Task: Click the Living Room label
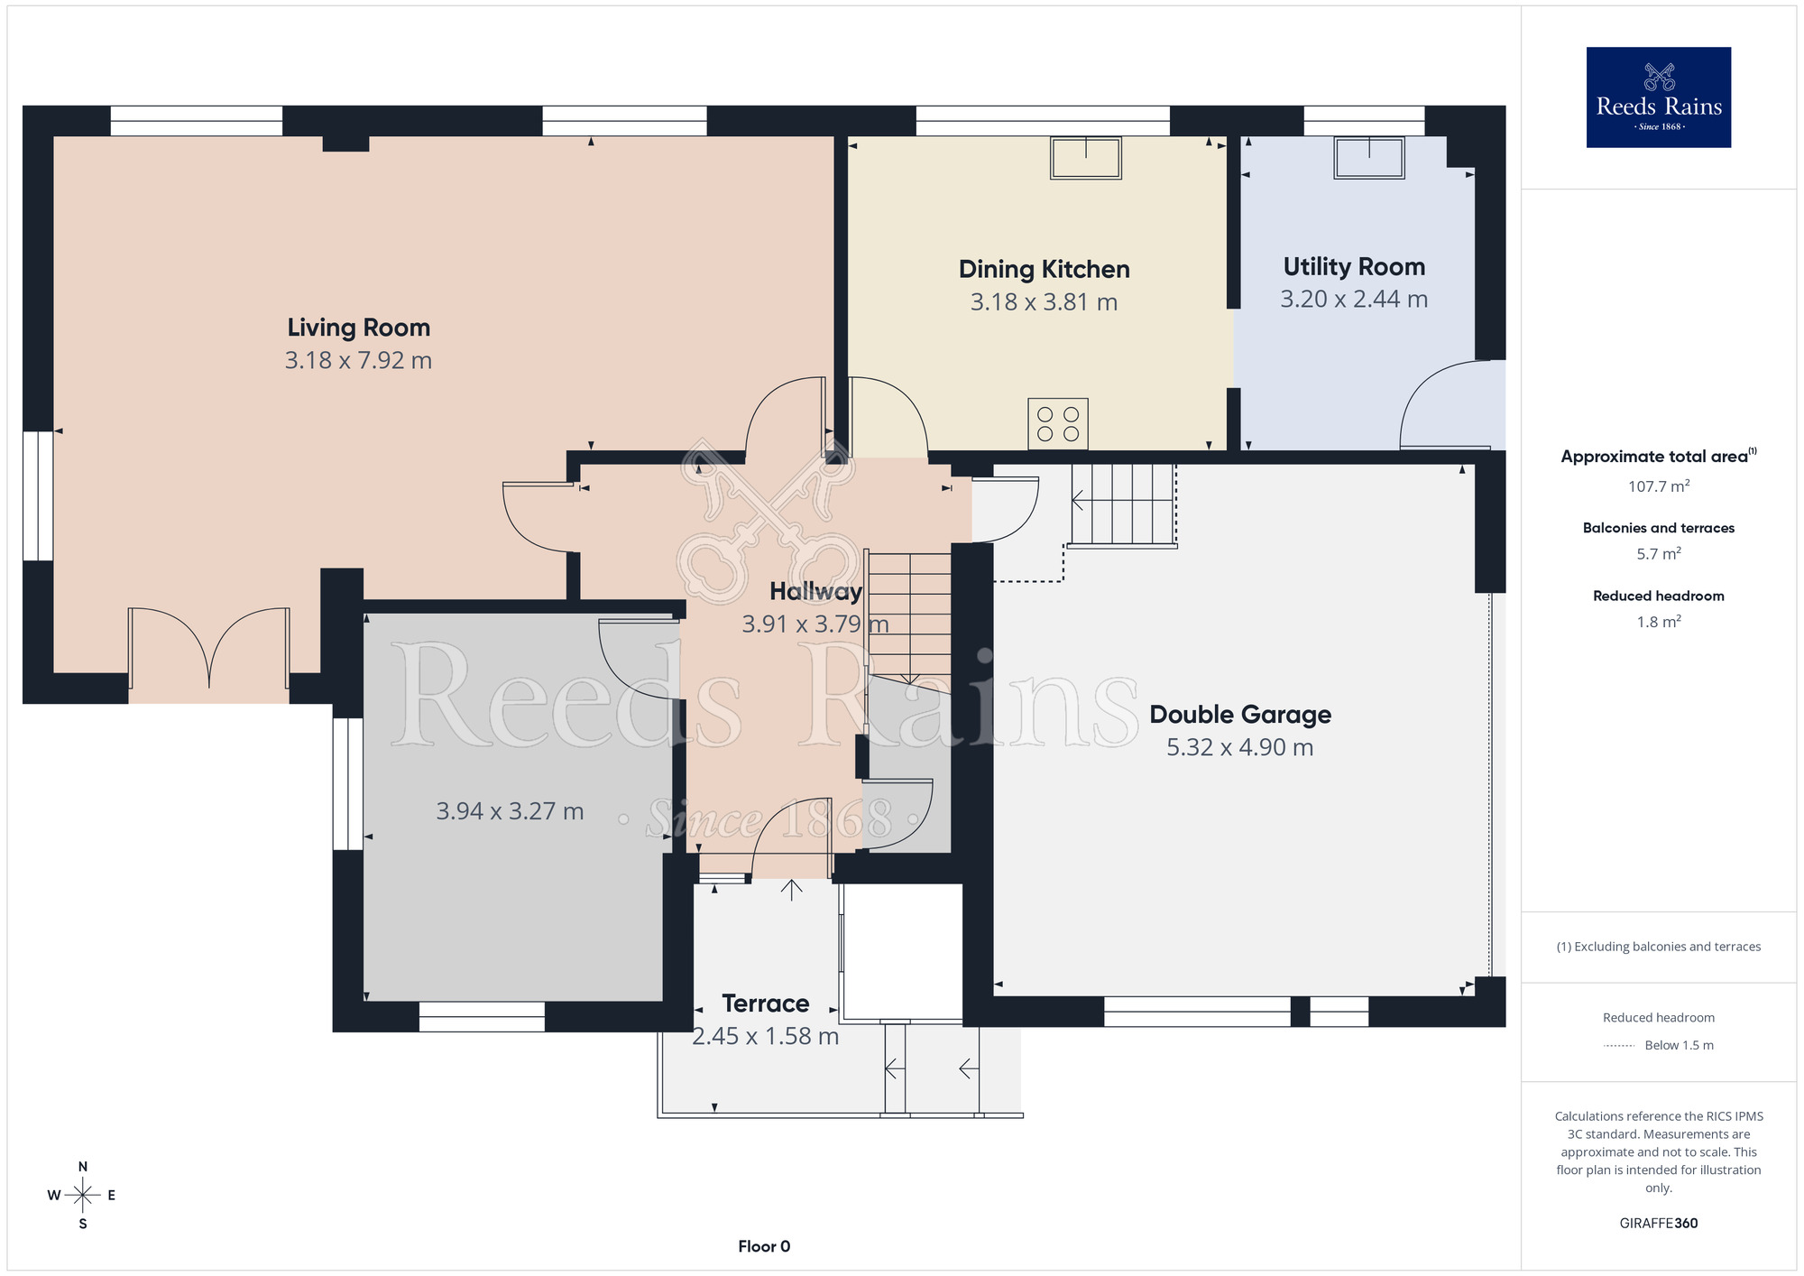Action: (358, 328)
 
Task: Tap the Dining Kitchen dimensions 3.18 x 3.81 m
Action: (1044, 302)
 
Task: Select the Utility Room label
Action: (1354, 267)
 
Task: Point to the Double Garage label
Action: (1240, 715)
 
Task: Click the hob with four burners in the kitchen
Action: (1058, 423)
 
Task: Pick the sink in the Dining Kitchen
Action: (1086, 158)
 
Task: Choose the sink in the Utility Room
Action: (1369, 157)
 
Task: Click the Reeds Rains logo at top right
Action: (1659, 97)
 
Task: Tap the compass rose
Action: (82, 1196)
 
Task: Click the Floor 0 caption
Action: (764, 1246)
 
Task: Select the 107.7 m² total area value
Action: (1659, 486)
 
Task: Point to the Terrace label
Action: (766, 1003)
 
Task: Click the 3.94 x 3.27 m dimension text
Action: (510, 811)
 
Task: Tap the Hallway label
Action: (815, 591)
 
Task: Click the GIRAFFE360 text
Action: (1659, 1224)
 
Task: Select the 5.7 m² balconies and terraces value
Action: (1659, 554)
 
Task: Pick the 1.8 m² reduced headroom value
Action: (1659, 622)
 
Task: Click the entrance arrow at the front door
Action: (792, 890)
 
